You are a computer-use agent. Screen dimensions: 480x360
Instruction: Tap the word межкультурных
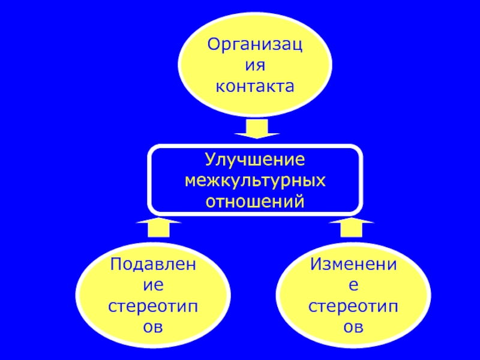coord(255,180)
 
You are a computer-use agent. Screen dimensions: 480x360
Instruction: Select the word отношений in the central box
coord(255,200)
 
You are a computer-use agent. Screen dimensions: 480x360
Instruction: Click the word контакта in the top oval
coord(255,86)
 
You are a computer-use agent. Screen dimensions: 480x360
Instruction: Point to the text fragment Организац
coord(255,43)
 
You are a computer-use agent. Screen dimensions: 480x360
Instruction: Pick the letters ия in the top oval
coord(255,65)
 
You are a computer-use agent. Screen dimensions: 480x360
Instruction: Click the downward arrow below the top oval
coord(256,128)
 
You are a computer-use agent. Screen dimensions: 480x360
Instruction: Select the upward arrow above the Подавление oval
coord(158,229)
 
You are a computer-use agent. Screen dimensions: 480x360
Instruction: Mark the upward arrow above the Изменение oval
coord(352,229)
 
